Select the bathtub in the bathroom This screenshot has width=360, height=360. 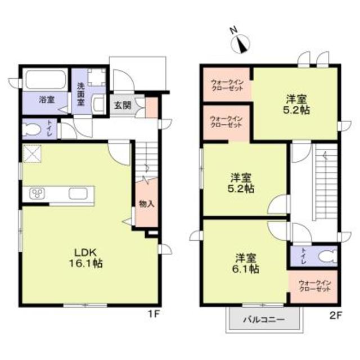[45, 79]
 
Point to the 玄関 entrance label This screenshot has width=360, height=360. [122, 105]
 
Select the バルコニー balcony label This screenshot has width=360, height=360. [263, 320]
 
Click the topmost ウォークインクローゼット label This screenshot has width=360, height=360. [226, 84]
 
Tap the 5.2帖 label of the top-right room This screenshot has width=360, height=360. [295, 105]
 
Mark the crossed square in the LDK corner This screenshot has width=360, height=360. [31, 153]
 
